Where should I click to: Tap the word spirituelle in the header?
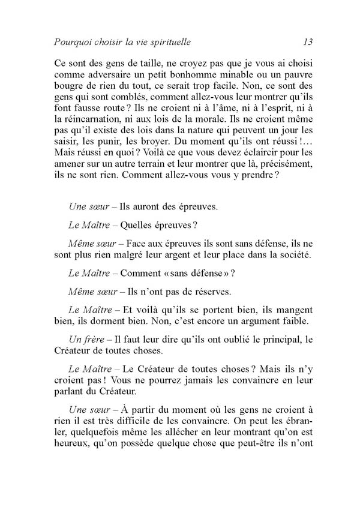180,42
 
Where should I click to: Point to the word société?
291,256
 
